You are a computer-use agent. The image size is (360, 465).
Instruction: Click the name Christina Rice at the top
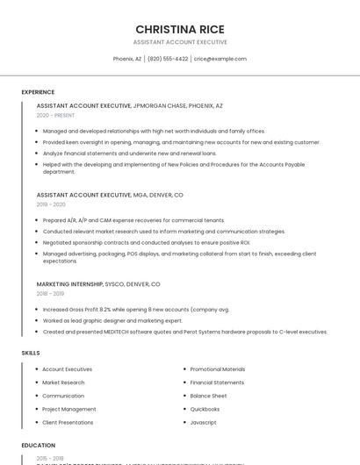179,29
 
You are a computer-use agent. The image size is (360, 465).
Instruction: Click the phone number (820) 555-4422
168,59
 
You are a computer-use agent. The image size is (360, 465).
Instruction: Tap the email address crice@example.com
220,59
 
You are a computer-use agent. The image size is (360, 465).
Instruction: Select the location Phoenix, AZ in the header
127,59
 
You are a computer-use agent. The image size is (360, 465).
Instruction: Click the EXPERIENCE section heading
38,92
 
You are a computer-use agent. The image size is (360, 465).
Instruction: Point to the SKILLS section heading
31,353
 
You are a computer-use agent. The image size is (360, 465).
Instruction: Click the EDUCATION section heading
39,446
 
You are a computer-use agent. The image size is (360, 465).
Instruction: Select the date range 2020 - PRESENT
55,116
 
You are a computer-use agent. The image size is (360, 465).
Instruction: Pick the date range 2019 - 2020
51,204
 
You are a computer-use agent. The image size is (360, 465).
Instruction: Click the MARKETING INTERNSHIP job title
69,284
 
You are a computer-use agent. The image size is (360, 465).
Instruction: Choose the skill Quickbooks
205,409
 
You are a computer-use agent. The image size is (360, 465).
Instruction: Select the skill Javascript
203,422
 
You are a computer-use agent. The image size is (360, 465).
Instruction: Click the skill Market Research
63,383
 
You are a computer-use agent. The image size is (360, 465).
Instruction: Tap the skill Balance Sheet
208,396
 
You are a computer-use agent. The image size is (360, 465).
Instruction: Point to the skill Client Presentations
68,422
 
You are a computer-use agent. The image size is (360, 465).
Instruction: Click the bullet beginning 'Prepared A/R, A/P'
133,220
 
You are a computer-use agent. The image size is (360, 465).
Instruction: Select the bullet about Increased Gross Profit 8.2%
135,310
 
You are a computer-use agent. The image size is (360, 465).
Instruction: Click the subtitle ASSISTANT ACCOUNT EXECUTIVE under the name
179,42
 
